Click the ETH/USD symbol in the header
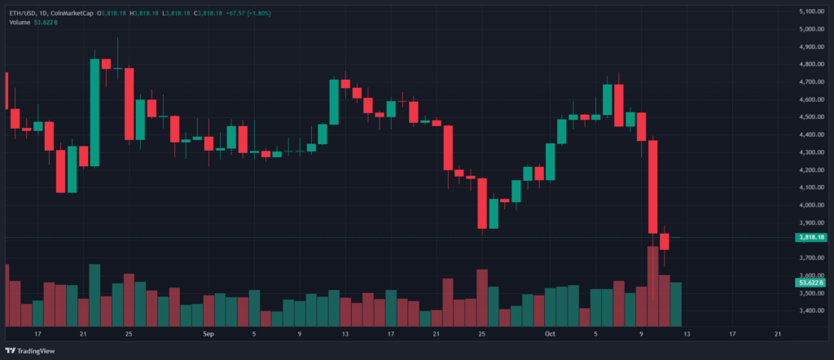(23, 12)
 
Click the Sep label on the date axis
(208, 334)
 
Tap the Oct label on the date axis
(550, 334)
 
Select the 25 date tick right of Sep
(482, 334)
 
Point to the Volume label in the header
(20, 22)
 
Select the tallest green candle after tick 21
(94, 112)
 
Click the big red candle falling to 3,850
(652, 187)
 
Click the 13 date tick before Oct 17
(686, 334)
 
